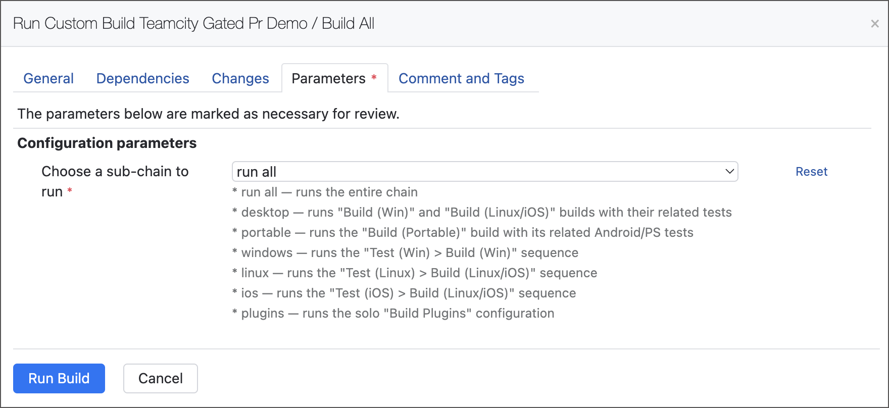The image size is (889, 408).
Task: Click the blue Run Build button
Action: (59, 378)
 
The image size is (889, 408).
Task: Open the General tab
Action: (48, 78)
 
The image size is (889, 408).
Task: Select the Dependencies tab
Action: (142, 78)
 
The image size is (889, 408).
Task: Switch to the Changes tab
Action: (240, 78)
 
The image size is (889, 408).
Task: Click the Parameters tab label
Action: (328, 78)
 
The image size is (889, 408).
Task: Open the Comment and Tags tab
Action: (461, 78)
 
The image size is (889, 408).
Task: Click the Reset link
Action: (811, 172)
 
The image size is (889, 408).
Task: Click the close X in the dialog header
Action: (875, 24)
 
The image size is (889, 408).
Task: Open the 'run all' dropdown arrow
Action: (729, 172)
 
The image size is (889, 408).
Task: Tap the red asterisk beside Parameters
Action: (374, 77)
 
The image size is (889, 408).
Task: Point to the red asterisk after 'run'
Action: (70, 190)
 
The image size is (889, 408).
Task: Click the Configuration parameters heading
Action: (107, 143)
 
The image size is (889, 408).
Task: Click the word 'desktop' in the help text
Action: (265, 212)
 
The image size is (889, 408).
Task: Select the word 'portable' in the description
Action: (266, 232)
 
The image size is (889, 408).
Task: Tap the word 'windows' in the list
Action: (267, 252)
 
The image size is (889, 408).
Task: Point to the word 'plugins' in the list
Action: (263, 313)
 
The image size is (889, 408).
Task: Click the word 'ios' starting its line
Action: (250, 293)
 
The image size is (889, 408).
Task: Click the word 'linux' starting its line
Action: (255, 273)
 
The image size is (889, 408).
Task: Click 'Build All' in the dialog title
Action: (348, 23)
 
